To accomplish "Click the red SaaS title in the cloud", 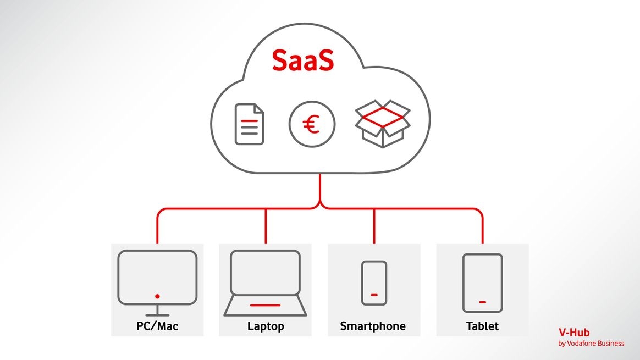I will click(302, 61).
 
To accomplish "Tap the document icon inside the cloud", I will click(249, 124).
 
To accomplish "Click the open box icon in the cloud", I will click(383, 125).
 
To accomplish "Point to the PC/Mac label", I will click(157, 326).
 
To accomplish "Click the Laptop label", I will click(266, 326).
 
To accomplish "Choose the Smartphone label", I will click(373, 326).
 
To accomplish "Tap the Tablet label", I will click(482, 326).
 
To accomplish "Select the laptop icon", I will click(265, 283).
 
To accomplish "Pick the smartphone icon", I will click(374, 283).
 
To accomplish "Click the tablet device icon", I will click(482, 283).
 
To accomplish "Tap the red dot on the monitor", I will click(157, 296).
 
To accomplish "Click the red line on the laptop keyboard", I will click(265, 305).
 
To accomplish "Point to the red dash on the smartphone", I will click(374, 295).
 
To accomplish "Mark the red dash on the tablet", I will click(482, 301).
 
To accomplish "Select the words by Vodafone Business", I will click(591, 344).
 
